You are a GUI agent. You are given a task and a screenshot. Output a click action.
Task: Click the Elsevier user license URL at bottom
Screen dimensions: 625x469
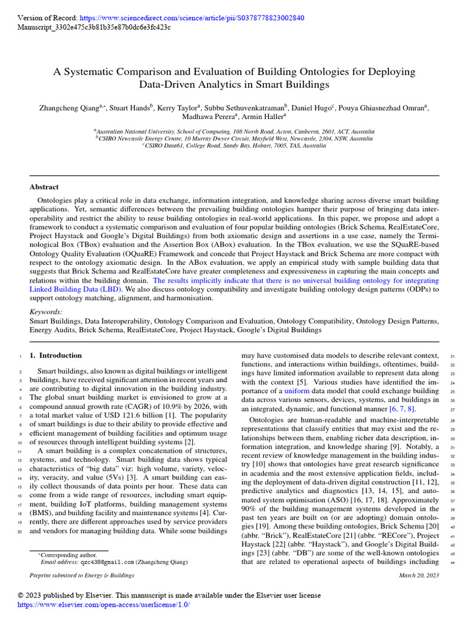pos(104,604)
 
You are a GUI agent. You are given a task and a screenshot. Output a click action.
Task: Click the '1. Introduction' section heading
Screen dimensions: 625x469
pos(56,355)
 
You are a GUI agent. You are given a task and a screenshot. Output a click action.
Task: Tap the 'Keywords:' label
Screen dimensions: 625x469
pos(46,312)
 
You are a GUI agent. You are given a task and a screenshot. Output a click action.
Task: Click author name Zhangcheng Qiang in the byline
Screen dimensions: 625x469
pos(68,108)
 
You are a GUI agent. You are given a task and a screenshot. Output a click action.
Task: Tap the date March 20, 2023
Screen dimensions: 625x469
pos(419,576)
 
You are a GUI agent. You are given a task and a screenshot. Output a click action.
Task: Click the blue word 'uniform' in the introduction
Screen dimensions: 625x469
pos(297,391)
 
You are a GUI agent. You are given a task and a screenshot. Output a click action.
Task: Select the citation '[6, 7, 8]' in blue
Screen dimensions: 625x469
pos(403,409)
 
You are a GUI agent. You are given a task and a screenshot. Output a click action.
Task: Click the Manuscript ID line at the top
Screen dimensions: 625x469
pos(94,27)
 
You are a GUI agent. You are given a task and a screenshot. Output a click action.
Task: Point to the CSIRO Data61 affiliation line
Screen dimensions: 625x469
pos(234,146)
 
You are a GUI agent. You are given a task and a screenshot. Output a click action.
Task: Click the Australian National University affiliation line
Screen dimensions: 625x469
pos(234,131)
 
